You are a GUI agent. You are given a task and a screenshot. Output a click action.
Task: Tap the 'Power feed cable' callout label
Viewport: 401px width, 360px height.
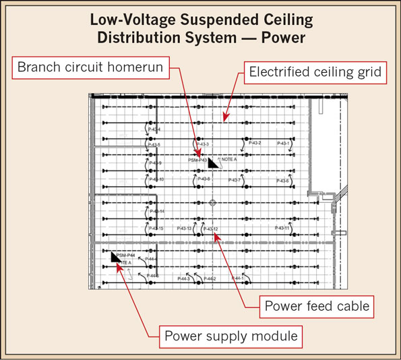[316, 306]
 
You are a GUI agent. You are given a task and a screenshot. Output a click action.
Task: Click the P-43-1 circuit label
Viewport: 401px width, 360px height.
[283, 144]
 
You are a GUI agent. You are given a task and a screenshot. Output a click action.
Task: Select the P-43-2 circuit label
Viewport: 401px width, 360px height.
[254, 143]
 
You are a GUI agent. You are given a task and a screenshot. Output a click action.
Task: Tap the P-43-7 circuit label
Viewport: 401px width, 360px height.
[235, 180]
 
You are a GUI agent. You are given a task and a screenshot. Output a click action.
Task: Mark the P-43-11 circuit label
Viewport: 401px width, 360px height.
[282, 228]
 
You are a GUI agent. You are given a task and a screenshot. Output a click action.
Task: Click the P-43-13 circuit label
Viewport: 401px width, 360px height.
[184, 229]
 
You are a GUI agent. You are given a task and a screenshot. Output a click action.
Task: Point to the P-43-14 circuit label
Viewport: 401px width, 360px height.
[156, 212]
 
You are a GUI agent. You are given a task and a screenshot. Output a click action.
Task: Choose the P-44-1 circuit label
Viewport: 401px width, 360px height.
[237, 278]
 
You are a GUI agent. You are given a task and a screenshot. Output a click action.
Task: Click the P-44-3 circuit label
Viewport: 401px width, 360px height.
[184, 278]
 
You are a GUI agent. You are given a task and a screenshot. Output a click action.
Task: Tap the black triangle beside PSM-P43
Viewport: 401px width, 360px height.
[213, 163]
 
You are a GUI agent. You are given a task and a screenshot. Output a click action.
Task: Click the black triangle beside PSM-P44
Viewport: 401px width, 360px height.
[116, 257]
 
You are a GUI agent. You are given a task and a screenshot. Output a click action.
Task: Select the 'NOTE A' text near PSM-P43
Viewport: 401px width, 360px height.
[229, 160]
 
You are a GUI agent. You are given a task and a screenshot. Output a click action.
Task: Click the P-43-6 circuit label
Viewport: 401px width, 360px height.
[283, 181]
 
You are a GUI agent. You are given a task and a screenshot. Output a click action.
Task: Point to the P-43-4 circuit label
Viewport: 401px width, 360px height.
[154, 129]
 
